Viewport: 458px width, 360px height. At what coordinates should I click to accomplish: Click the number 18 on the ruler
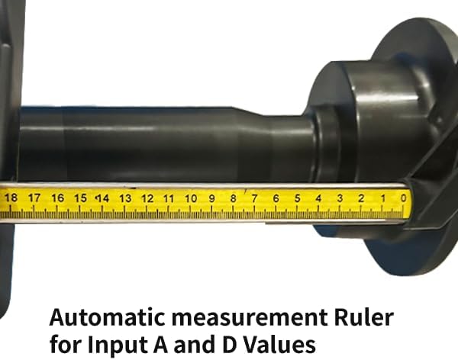[11, 198]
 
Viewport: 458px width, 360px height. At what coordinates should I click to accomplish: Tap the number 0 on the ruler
[403, 198]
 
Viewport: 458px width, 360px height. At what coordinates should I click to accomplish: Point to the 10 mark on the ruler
[190, 198]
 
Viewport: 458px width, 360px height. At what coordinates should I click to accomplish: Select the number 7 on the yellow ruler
[254, 198]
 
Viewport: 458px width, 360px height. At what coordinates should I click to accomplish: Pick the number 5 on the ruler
[297, 198]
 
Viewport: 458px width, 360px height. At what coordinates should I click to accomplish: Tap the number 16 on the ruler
[57, 198]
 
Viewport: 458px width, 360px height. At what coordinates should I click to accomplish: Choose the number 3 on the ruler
[340, 198]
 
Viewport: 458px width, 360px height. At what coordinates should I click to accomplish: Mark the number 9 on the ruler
[211, 198]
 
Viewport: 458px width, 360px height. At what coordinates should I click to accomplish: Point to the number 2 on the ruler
[361, 198]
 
